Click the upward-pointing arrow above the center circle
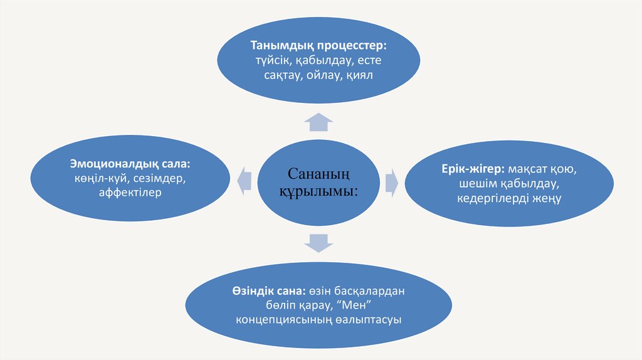pyautogui.click(x=320, y=122)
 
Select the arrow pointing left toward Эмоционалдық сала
pyautogui.click(x=243, y=181)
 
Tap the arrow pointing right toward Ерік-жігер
pyautogui.click(x=391, y=181)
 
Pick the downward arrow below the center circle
pyautogui.click(x=320, y=241)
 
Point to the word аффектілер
pyautogui.click(x=130, y=193)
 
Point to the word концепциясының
pyautogui.click(x=280, y=320)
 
